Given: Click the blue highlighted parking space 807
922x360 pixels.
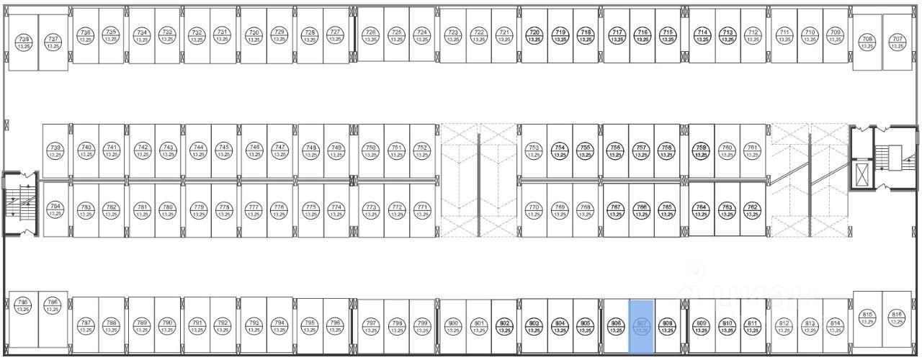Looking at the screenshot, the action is tap(641, 326).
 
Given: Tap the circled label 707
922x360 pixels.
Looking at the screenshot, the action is tap(897, 42).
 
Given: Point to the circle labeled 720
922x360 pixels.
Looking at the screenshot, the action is tap(534, 35).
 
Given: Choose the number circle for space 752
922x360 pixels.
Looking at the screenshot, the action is tap(422, 150).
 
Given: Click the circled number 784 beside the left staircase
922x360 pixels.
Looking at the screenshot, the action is tap(55, 210).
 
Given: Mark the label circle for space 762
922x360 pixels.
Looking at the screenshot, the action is tap(752, 210).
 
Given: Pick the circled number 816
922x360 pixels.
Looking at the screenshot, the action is tap(897, 317).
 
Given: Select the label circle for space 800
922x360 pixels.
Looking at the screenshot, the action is tap(452, 326).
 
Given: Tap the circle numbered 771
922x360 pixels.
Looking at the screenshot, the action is tap(422, 210).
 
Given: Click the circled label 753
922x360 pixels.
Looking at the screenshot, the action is tap(534, 150).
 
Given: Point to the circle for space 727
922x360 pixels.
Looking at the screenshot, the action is tap(334, 35).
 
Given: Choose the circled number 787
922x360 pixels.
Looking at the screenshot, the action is tap(86, 326).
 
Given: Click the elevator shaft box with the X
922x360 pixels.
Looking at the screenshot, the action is tap(861, 171).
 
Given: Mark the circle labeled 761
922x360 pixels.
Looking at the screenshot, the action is tap(752, 150).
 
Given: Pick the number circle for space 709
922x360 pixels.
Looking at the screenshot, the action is tap(835, 35).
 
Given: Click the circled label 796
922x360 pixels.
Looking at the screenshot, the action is tap(334, 326).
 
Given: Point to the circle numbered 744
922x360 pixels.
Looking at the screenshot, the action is tap(198, 150).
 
